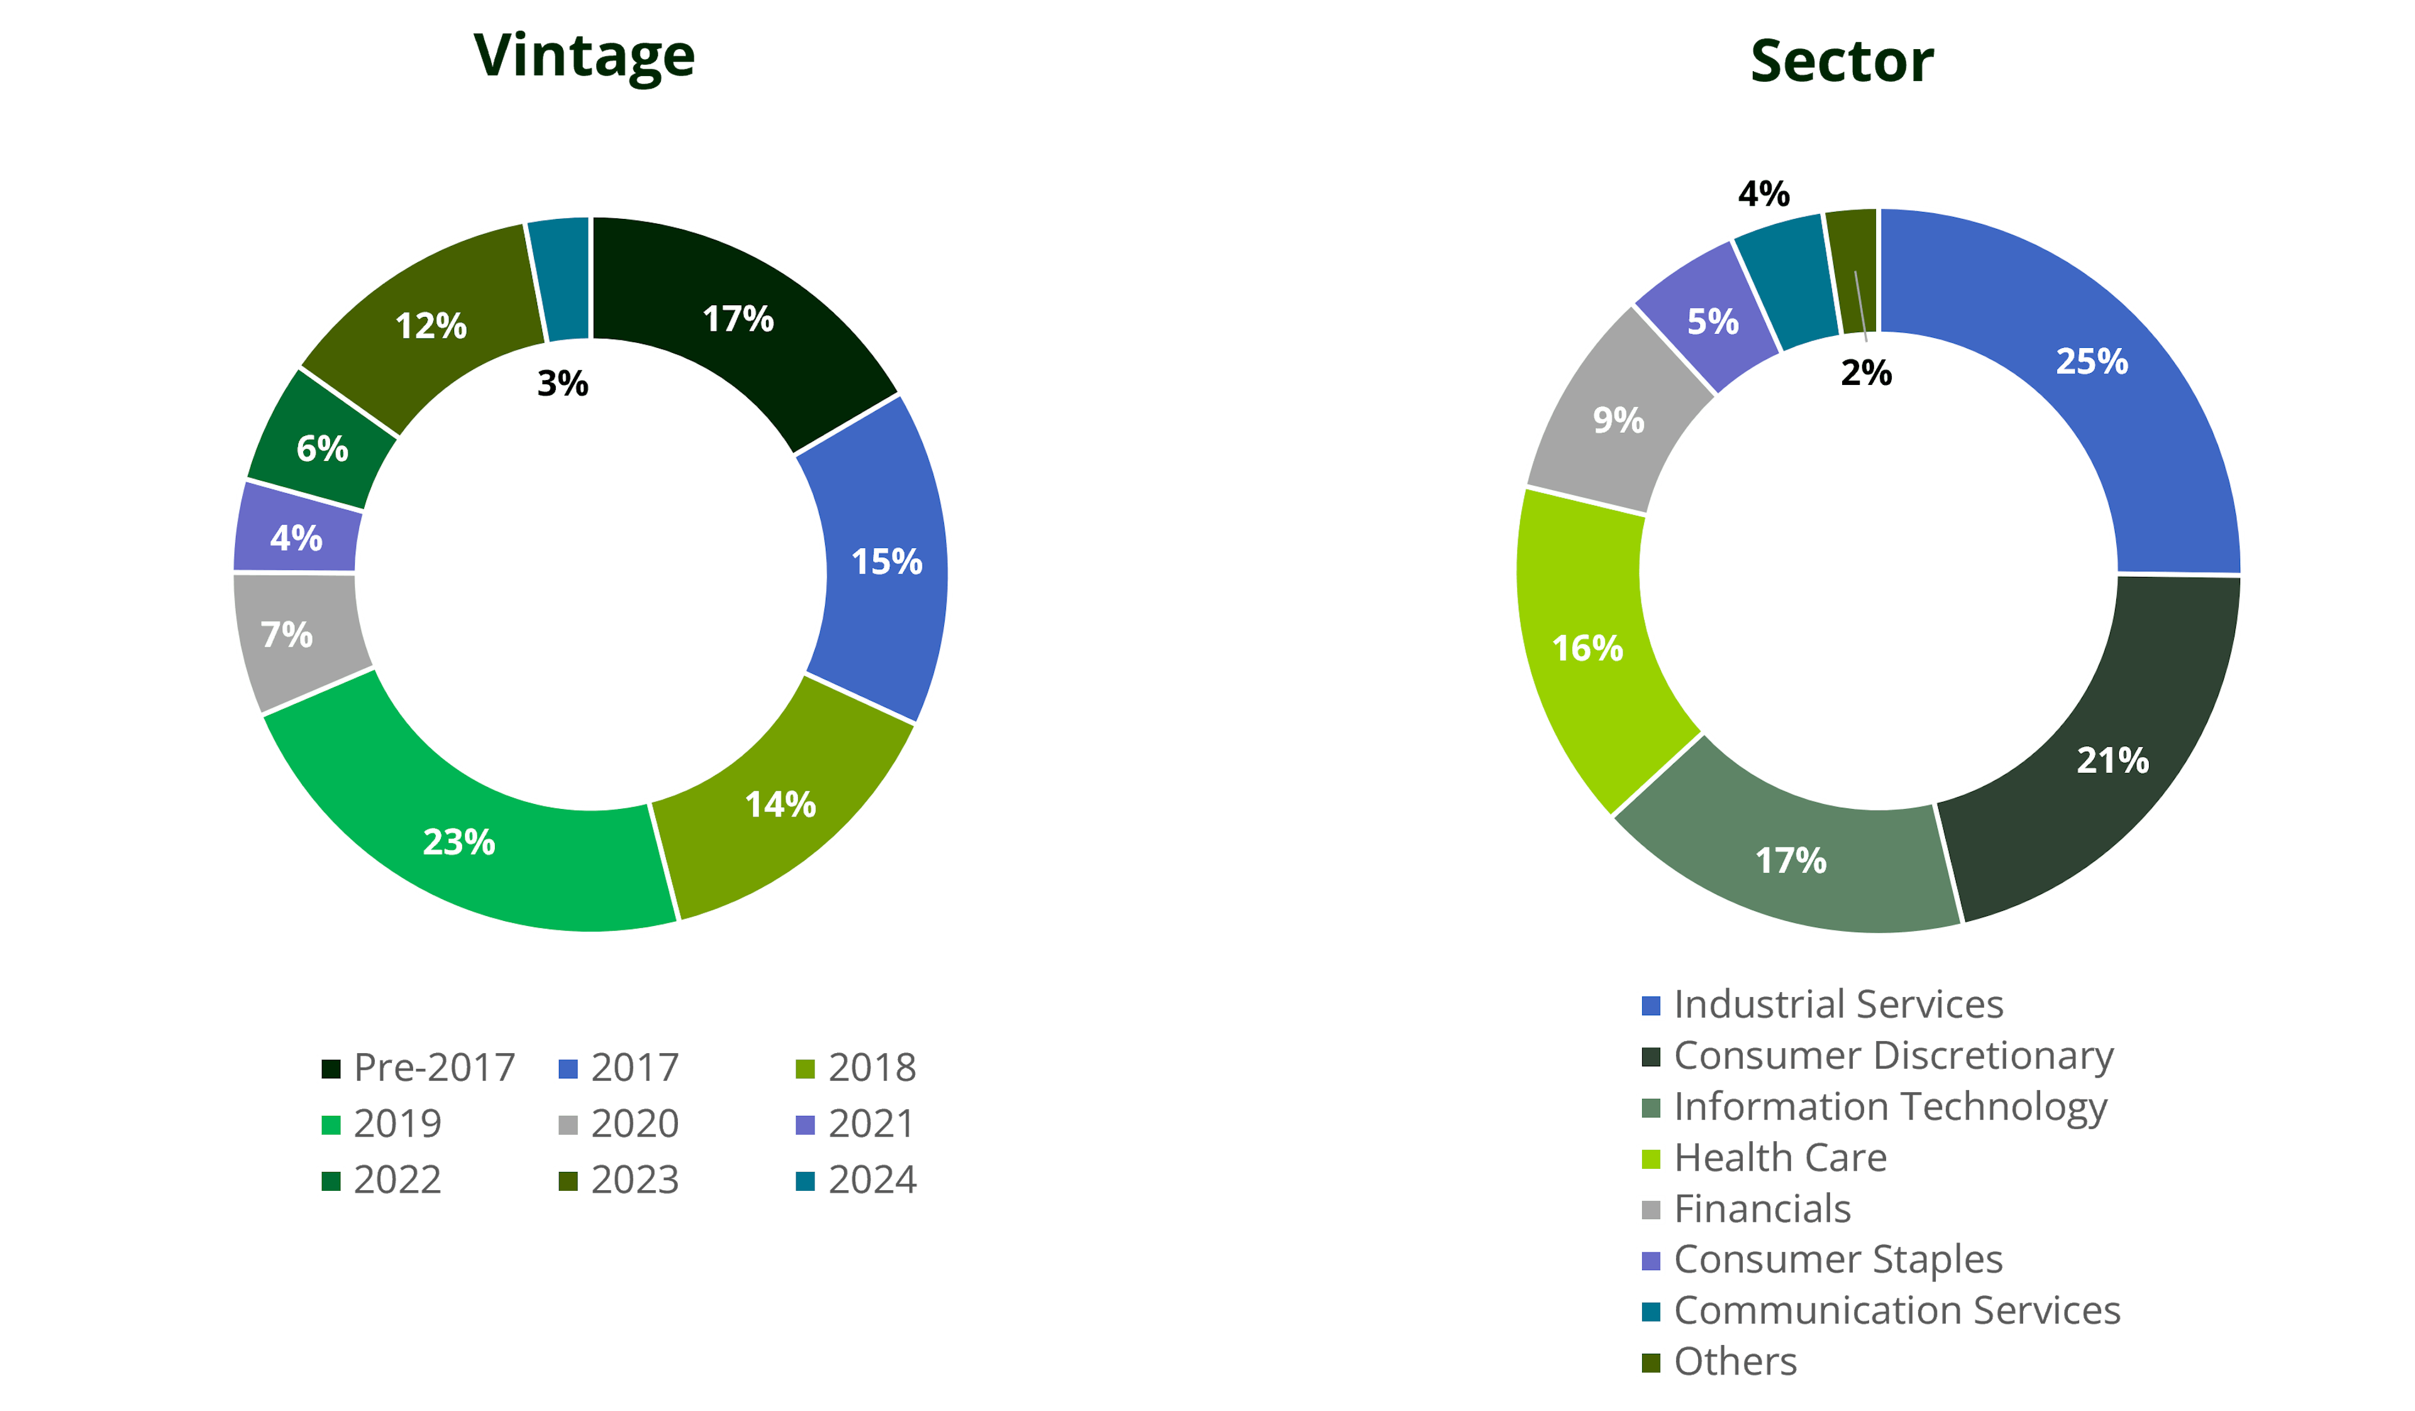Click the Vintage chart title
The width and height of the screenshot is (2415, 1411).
(585, 57)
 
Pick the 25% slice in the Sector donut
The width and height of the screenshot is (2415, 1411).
(2089, 384)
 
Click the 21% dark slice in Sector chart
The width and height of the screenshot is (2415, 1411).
(2108, 748)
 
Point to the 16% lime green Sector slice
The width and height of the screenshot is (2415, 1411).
(1591, 652)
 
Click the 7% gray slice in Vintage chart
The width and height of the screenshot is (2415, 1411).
(292, 637)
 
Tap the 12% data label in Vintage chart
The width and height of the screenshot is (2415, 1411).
(431, 326)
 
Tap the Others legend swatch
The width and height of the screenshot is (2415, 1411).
(1650, 1362)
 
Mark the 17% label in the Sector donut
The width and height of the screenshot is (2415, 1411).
(1790, 860)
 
